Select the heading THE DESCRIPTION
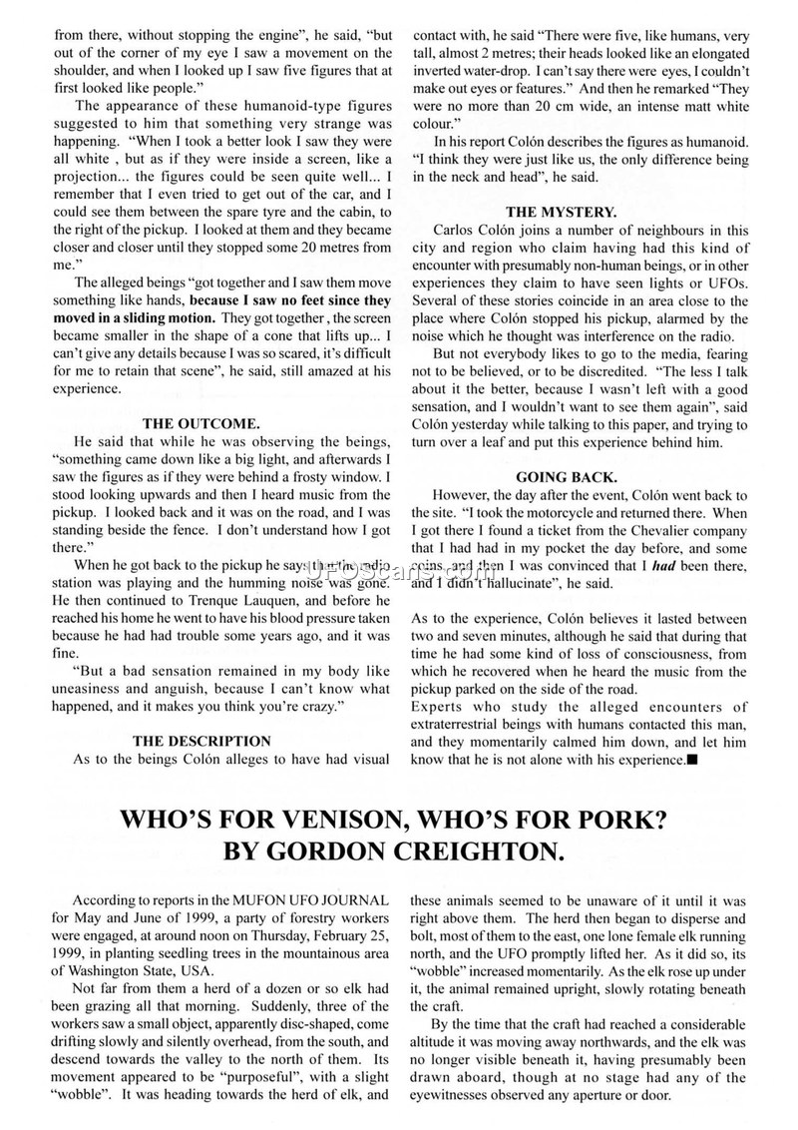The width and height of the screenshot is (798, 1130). click(200, 741)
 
